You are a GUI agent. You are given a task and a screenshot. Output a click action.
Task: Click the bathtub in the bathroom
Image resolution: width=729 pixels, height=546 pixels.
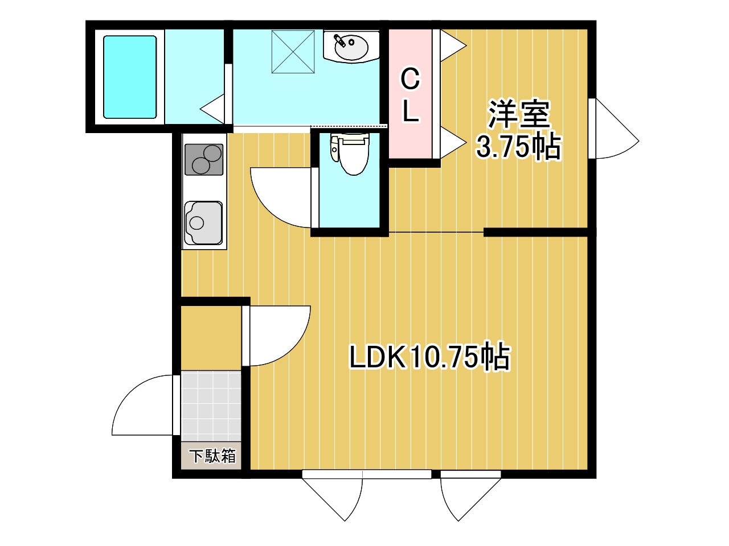point(129,77)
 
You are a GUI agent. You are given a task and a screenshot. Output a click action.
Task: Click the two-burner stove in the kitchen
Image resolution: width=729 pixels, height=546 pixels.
point(203,159)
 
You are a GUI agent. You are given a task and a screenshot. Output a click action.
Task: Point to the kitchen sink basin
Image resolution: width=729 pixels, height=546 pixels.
point(203,222)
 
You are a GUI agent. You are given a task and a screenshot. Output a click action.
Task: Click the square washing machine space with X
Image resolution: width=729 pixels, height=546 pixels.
point(293,52)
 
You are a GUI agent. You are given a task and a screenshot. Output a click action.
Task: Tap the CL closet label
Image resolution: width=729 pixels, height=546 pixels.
point(411,95)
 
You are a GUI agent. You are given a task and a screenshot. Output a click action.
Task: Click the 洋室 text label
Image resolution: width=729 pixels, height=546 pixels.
point(519,114)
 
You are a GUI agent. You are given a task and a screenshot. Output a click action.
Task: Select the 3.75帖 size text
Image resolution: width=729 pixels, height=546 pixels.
point(518,147)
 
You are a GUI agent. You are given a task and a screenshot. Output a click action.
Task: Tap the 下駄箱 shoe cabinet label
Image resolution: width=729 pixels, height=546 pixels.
point(212,456)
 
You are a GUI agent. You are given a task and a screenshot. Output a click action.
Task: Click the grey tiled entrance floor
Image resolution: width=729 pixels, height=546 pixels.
point(211,406)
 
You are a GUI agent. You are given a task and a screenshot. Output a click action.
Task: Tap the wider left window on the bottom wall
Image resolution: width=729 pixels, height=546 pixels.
point(367,474)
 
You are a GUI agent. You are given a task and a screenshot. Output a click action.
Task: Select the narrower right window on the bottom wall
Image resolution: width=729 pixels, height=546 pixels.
point(470,474)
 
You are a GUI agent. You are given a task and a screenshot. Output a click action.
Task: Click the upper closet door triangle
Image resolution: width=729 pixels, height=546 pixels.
point(453,45)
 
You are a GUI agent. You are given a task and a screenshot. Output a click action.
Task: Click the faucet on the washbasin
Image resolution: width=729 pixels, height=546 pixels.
point(340,40)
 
